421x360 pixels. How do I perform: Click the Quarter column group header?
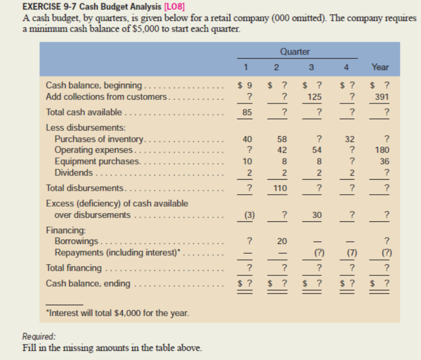(x=295, y=52)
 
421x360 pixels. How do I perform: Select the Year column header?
(x=380, y=67)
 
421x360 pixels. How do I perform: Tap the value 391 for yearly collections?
(x=381, y=97)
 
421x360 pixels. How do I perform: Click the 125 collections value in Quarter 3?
(x=315, y=97)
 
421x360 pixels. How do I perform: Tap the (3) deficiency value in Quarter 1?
(x=249, y=215)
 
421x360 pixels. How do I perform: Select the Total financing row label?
(x=74, y=268)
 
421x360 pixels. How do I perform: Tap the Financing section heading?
(x=60, y=230)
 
